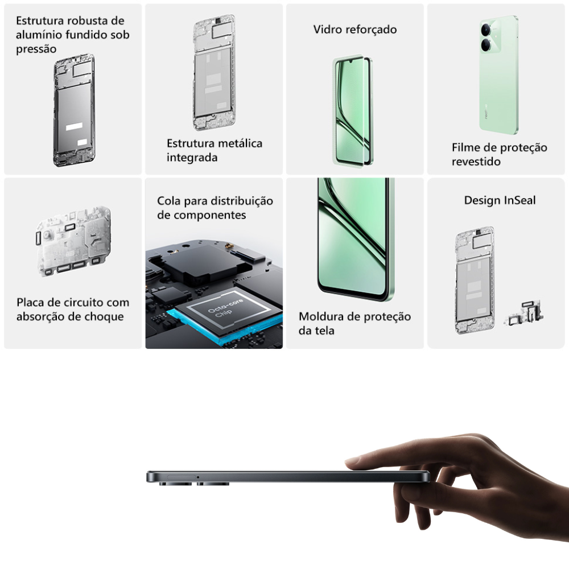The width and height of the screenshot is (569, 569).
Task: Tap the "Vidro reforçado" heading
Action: (355, 30)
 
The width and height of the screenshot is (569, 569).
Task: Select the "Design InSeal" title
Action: (500, 200)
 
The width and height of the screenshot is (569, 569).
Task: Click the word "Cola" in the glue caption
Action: (169, 201)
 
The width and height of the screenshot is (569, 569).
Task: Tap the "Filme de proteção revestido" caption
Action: (500, 154)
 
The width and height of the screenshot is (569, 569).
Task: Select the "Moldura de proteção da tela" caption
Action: (354, 323)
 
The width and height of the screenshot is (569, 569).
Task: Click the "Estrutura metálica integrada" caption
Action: (215, 150)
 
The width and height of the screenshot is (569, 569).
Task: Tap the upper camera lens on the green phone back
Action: (486, 30)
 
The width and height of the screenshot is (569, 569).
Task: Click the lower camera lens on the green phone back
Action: (486, 46)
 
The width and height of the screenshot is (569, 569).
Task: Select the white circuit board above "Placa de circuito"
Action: (73, 241)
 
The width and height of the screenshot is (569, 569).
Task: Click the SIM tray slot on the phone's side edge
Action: (181, 477)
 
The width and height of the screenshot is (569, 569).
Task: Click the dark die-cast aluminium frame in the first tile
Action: (75, 110)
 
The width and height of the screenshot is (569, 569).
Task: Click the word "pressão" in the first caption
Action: (36, 49)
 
